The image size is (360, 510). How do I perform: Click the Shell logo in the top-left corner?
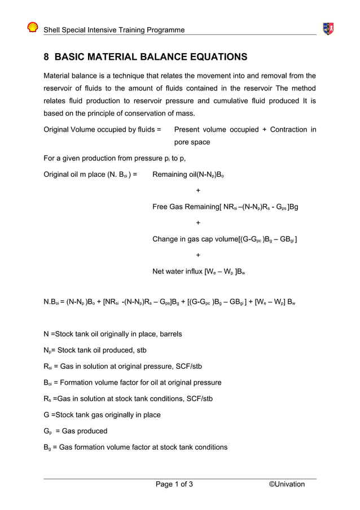pyautogui.click(x=33, y=28)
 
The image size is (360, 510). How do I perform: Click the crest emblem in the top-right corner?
pyautogui.click(x=327, y=28)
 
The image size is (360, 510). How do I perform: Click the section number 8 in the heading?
pyautogui.click(x=47, y=57)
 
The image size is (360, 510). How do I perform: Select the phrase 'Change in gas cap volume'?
pyautogui.click(x=195, y=239)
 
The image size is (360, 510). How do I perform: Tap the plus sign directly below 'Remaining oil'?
pyautogui.click(x=197, y=190)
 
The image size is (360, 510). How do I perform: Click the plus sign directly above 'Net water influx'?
pyautogui.click(x=197, y=255)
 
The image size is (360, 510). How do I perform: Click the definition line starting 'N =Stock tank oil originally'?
pyautogui.click(x=113, y=334)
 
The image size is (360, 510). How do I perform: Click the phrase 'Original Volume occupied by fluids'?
pyautogui.click(x=102, y=129)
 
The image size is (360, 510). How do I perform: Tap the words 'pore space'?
pyautogui.click(x=192, y=142)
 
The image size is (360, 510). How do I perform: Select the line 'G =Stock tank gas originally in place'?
pyautogui.click(x=102, y=415)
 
